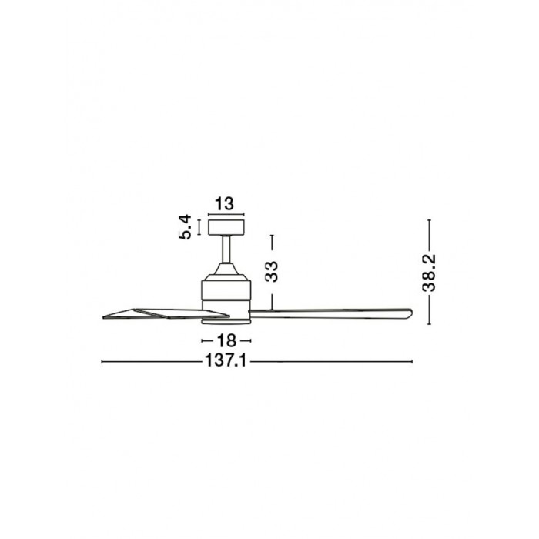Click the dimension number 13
point(225,203)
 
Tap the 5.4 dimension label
point(185,226)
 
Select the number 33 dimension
point(272,272)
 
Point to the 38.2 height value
point(429,273)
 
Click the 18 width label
point(226,340)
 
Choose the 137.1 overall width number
point(226,361)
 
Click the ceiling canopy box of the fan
point(226,227)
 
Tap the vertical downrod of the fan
point(226,249)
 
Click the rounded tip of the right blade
point(410,313)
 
